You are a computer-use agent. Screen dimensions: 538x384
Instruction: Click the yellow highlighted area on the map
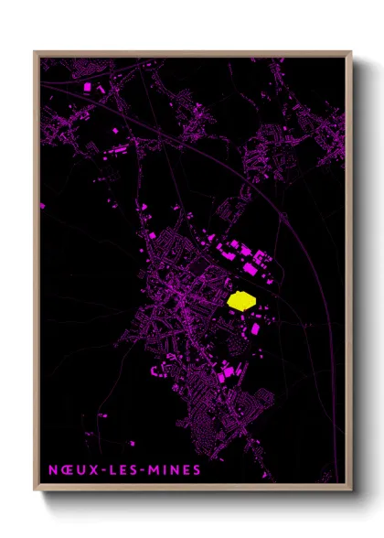240,300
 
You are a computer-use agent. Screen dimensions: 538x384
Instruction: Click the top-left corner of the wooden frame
36,52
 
